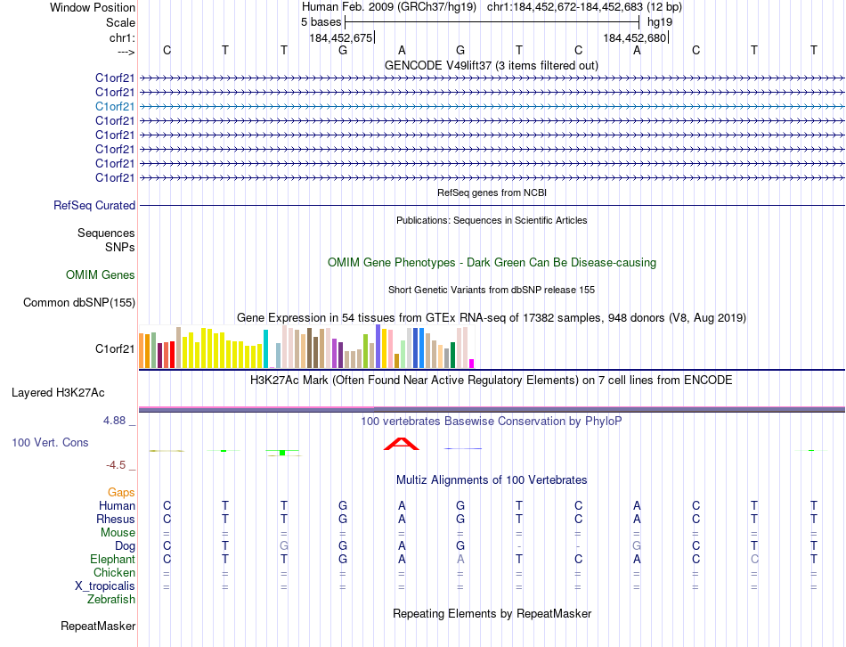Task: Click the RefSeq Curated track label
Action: tap(94, 206)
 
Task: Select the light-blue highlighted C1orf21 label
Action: tap(116, 106)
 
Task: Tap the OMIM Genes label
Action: tap(101, 275)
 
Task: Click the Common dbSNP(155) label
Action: tap(79, 303)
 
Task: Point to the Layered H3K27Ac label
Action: tap(58, 392)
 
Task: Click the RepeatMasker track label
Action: tap(98, 627)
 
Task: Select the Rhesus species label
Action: tap(117, 520)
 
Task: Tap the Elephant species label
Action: tap(113, 560)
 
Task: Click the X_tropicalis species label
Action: tap(105, 586)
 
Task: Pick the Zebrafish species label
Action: tap(111, 600)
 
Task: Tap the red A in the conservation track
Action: tap(401, 444)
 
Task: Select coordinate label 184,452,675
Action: tap(341, 38)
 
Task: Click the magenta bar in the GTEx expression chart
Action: tap(471, 363)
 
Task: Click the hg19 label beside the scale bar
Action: tap(660, 21)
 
